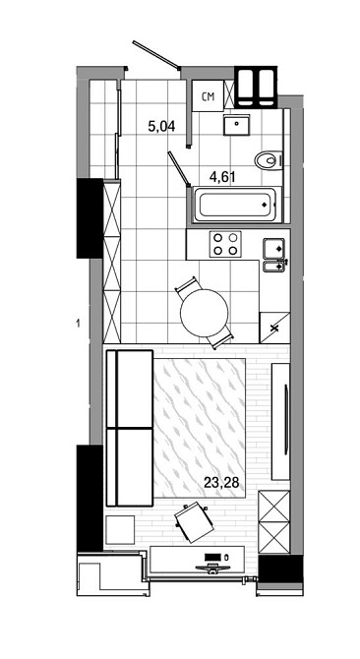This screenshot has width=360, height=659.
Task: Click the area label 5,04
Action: [161, 126]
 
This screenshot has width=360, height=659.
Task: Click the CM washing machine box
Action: [209, 96]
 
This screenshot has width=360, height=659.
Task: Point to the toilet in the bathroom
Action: [267, 160]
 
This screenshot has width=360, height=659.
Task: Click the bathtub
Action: [234, 207]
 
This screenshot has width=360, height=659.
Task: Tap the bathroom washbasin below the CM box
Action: [236, 125]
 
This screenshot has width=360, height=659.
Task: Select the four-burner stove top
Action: [227, 243]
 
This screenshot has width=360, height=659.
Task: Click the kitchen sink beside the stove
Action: [274, 254]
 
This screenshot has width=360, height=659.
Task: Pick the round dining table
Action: [206, 315]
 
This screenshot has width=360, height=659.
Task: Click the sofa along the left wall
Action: [128, 428]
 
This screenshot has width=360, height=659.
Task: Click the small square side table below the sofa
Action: [121, 528]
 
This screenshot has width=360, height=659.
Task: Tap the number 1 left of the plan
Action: [76, 322]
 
